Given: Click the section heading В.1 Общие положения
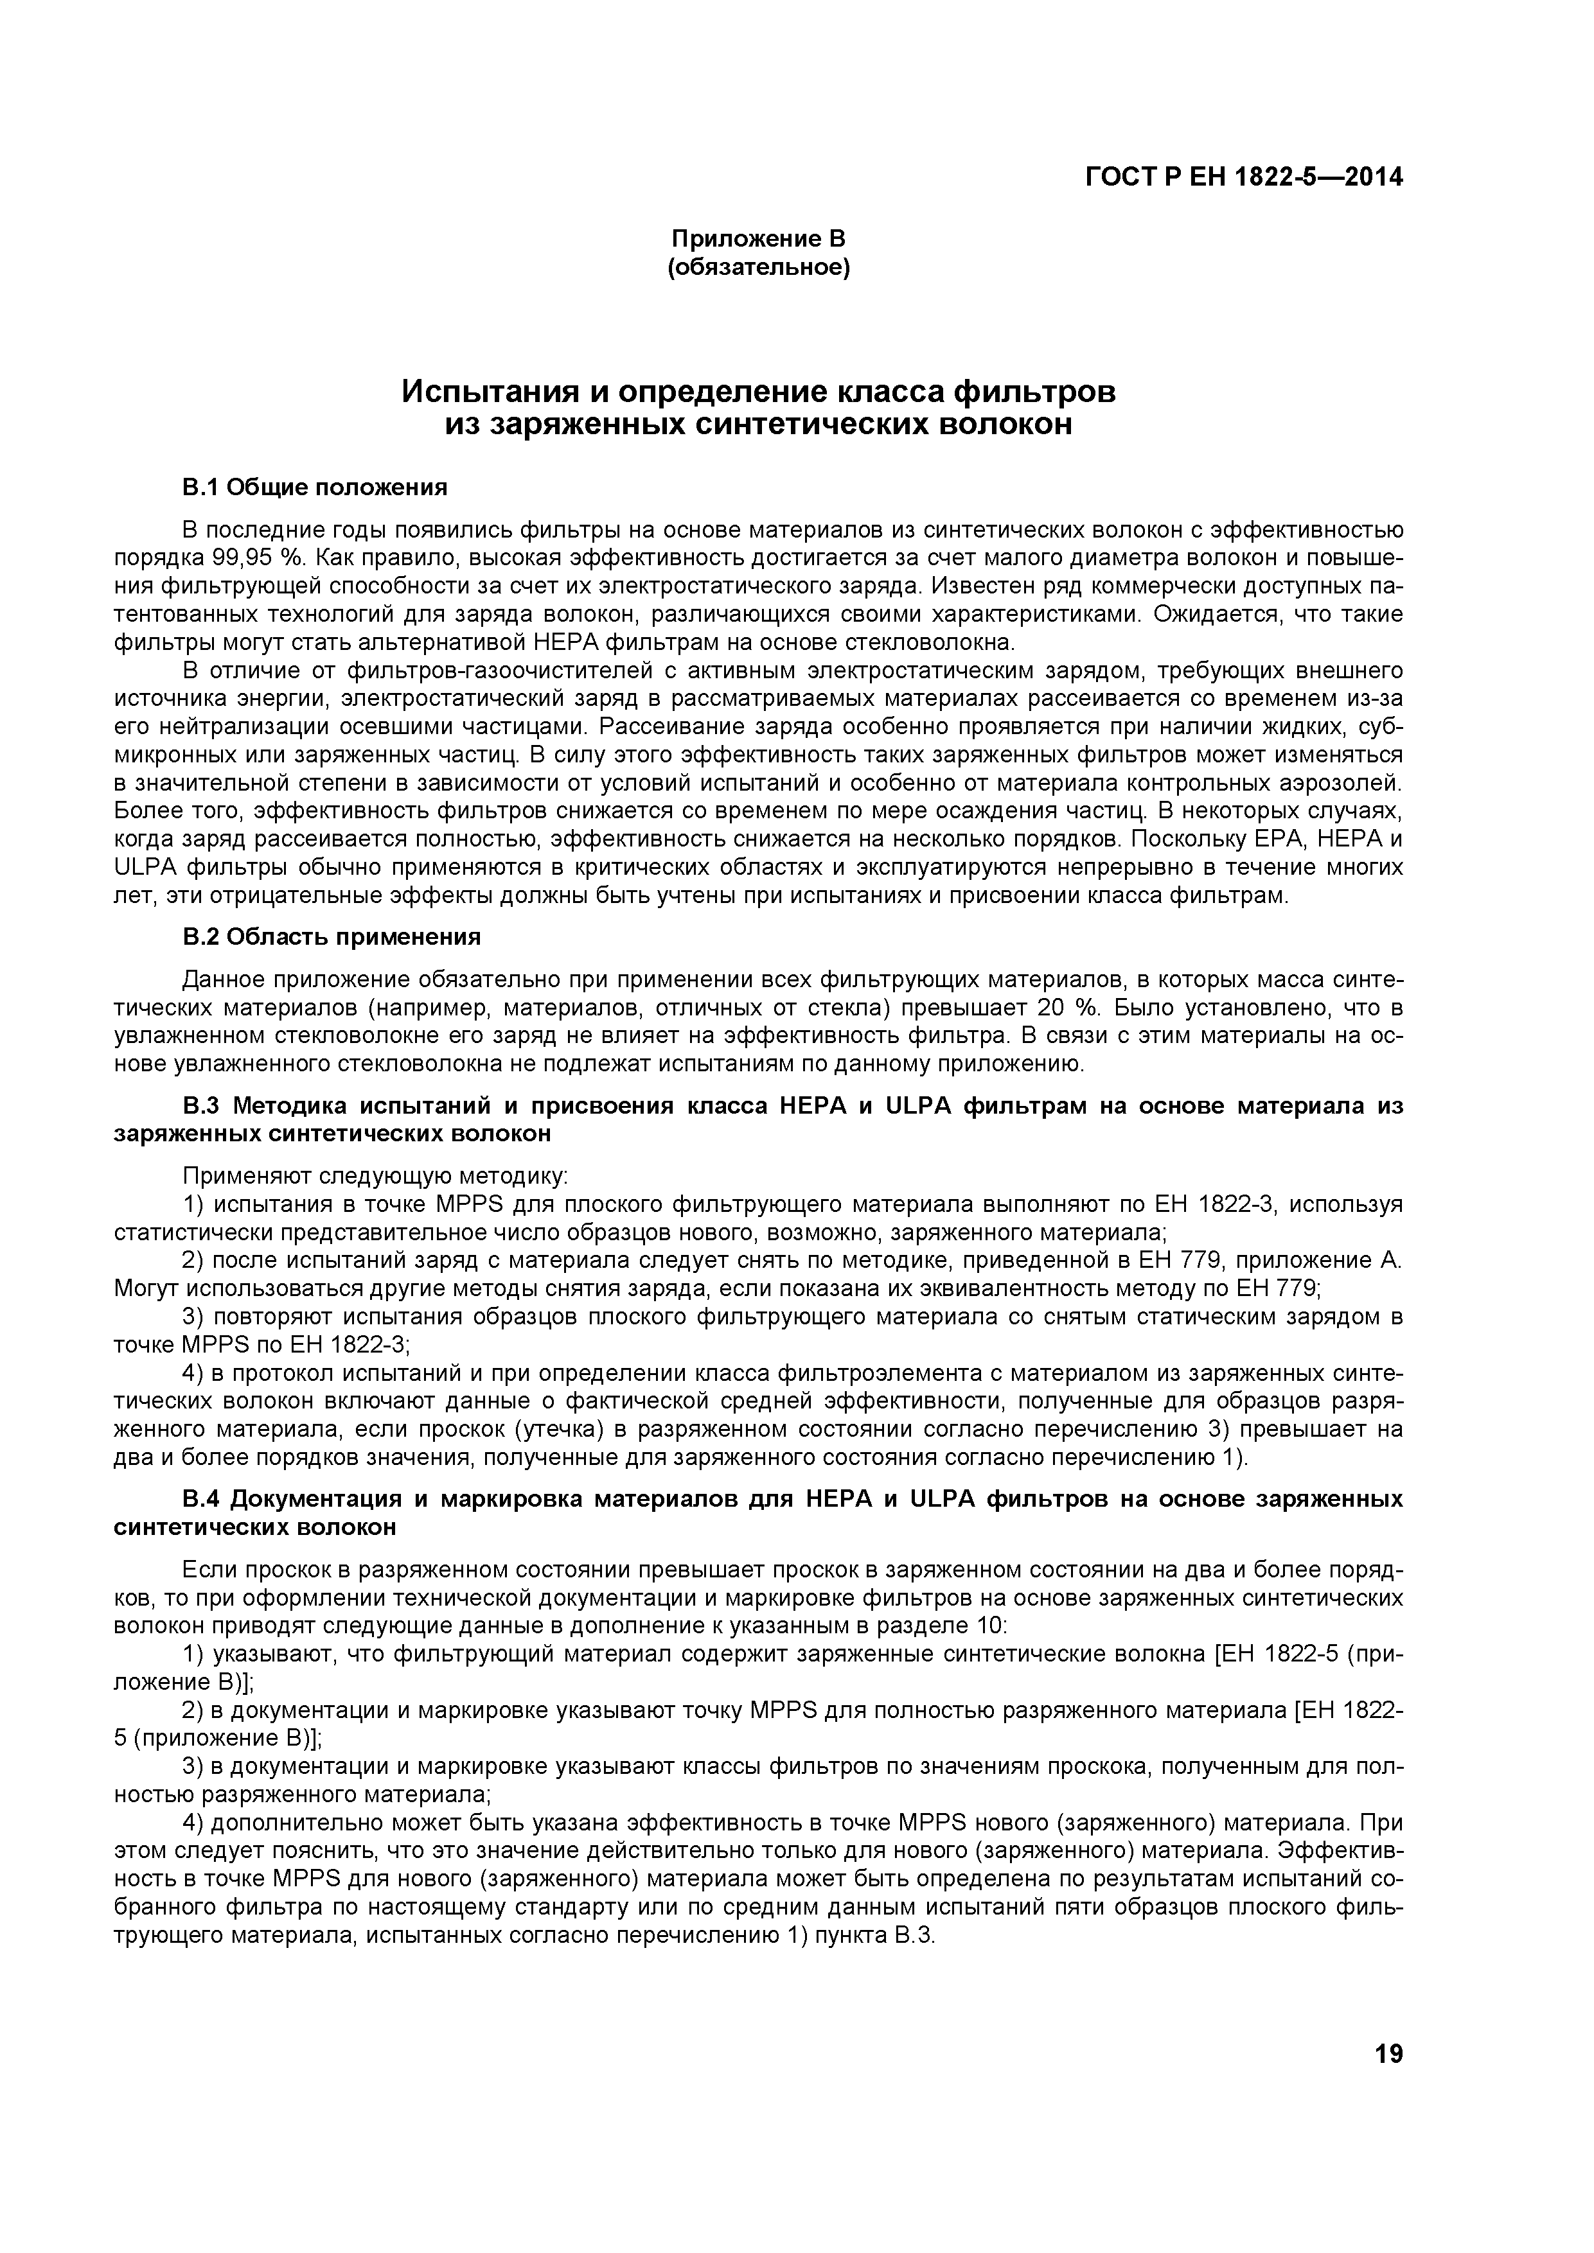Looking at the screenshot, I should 315,487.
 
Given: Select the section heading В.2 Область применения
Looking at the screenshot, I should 332,937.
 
